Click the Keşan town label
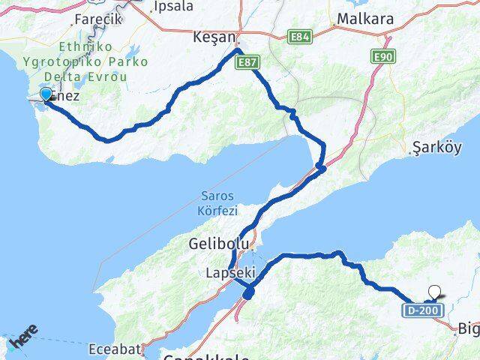[214, 37]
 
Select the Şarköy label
[434, 148]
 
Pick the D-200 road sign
[422, 309]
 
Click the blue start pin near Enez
[46, 94]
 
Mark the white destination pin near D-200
[434, 292]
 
